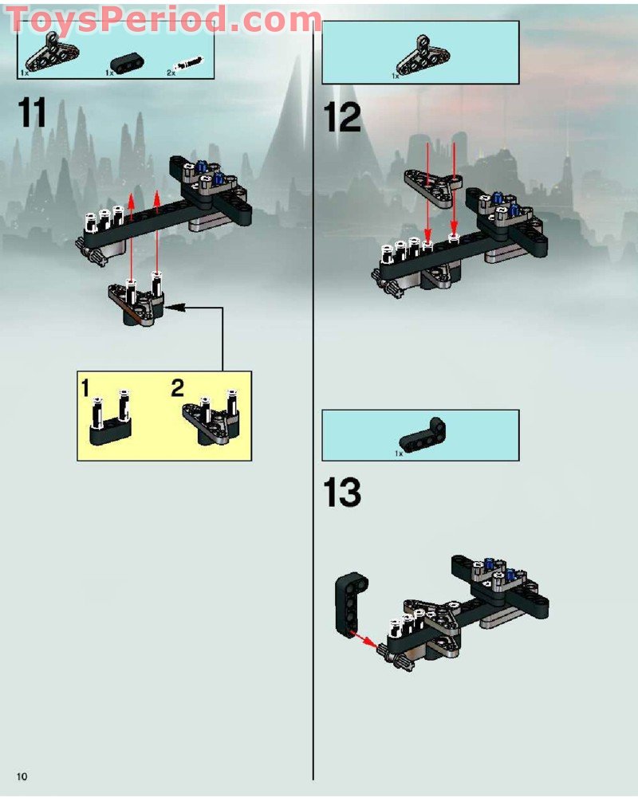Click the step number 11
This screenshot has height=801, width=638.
[33, 113]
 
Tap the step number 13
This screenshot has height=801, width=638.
[342, 493]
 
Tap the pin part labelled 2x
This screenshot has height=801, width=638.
[189, 63]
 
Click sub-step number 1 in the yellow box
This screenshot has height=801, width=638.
[85, 389]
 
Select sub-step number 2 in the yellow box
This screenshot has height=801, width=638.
[177, 389]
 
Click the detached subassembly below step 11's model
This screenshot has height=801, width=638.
[137, 300]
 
